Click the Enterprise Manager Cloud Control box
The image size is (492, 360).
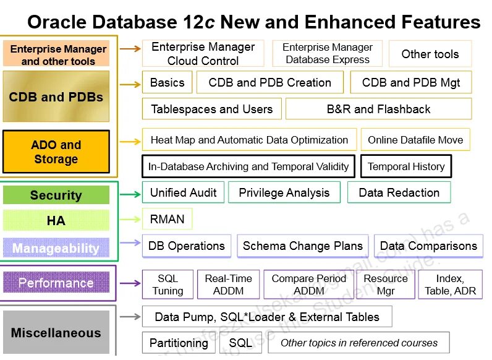point(203,54)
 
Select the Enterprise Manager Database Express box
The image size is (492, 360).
point(327,54)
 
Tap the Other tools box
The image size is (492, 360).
point(430,54)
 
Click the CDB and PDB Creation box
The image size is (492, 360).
point(269,82)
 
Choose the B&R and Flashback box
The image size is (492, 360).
point(378,109)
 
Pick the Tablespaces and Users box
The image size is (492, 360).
point(211,109)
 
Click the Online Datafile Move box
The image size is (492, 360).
point(415,140)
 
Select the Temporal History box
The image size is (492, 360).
point(406,166)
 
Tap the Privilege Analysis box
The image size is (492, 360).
point(284,192)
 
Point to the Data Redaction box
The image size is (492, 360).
point(399,192)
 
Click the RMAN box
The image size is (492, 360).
point(167,219)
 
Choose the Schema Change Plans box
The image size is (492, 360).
point(302,246)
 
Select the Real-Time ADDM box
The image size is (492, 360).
point(228,285)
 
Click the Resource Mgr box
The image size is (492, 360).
point(386,285)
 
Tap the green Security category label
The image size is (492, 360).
point(56,195)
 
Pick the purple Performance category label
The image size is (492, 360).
point(56,283)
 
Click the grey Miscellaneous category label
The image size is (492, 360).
point(56,333)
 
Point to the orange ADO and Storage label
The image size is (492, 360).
point(56,152)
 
